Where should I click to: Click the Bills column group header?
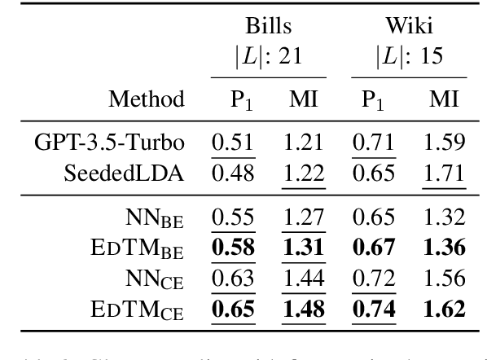(x=269, y=25)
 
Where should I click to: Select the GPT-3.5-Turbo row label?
(x=109, y=143)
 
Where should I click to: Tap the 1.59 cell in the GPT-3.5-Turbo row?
(x=443, y=143)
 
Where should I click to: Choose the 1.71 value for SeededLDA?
(x=443, y=173)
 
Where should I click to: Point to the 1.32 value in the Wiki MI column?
(x=443, y=217)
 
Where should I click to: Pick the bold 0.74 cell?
(x=374, y=308)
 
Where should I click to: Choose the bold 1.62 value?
(x=443, y=308)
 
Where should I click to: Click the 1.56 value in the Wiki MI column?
(x=443, y=278)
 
